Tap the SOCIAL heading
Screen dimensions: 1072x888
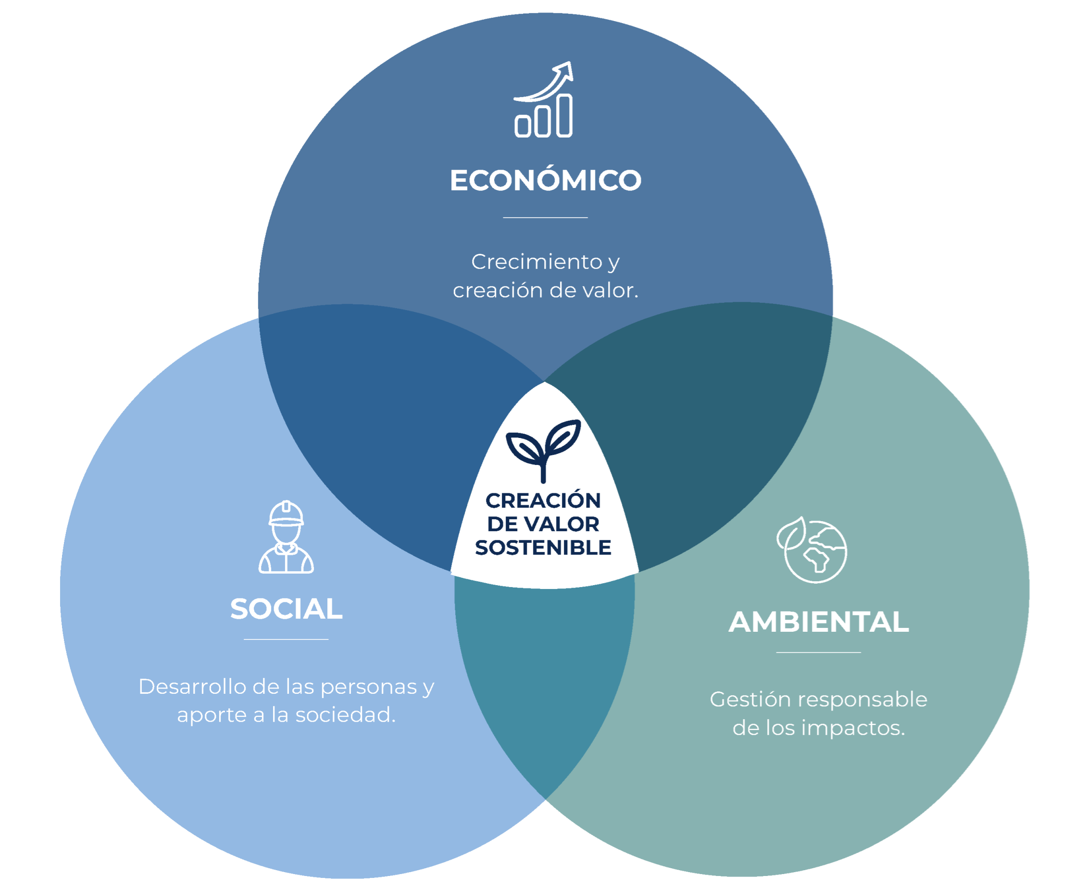(x=287, y=609)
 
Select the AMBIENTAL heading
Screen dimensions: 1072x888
(x=819, y=622)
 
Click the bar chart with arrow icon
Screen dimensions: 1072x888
(x=544, y=100)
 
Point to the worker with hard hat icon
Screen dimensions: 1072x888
(x=286, y=537)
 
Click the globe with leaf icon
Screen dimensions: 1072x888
(x=811, y=550)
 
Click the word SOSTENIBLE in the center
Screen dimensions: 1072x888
(x=543, y=548)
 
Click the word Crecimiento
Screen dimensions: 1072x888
(x=536, y=262)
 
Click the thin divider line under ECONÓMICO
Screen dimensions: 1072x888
(x=545, y=217)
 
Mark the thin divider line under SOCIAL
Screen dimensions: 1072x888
(x=286, y=639)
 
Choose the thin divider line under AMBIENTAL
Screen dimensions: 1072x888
(x=818, y=652)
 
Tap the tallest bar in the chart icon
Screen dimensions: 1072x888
(x=564, y=115)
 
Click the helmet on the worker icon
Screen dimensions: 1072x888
(x=287, y=513)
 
